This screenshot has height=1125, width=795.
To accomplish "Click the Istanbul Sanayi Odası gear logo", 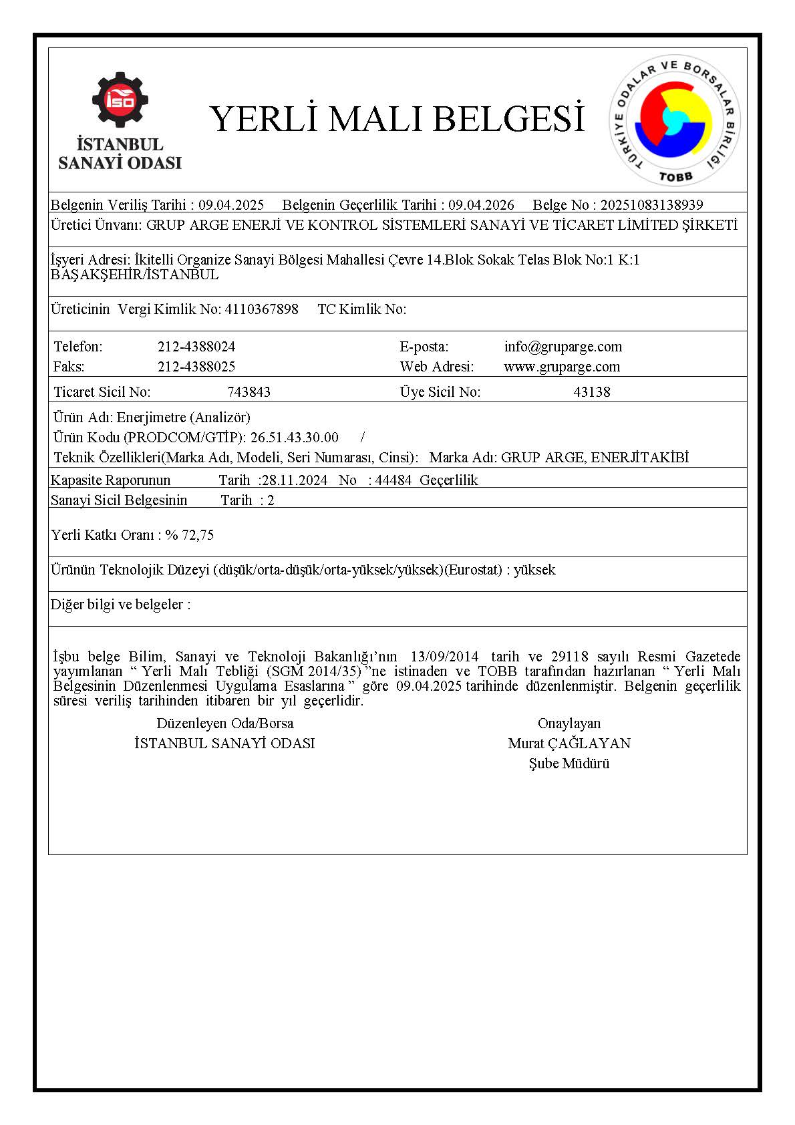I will [x=120, y=100].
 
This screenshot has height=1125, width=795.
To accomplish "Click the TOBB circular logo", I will [x=675, y=120].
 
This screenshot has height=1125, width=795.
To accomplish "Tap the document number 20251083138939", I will [x=651, y=205].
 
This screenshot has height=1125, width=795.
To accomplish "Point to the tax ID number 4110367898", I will [x=262, y=309].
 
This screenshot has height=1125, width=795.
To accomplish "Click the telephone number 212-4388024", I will [x=196, y=347].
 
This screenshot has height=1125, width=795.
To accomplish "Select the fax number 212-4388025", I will [x=196, y=367].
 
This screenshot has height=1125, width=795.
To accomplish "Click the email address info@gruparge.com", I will [x=563, y=347].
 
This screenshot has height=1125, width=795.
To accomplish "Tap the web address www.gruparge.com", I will [x=562, y=367].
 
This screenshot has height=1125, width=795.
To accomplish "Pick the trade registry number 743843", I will [x=249, y=392].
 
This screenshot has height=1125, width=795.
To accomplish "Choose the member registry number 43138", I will [x=591, y=392].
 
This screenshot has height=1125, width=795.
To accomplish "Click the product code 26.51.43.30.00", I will [x=294, y=438].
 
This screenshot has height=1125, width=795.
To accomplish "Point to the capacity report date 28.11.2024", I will [x=295, y=480].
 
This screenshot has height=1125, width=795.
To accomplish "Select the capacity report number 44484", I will [x=393, y=480].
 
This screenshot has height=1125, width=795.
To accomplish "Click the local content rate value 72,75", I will [x=198, y=535].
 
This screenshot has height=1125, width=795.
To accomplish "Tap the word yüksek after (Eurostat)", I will [x=534, y=570].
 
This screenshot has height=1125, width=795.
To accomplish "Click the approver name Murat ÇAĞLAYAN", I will [x=569, y=744].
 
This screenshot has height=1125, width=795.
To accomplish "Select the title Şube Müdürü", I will [x=569, y=764].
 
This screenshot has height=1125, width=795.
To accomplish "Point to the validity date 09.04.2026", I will [x=481, y=205].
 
